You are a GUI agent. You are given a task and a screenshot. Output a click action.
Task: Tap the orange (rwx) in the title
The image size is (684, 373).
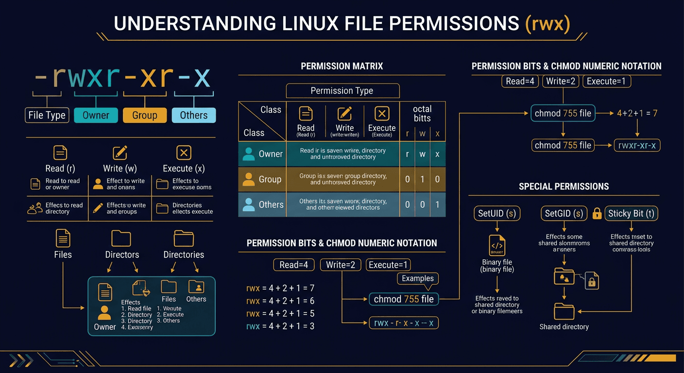point(547,24)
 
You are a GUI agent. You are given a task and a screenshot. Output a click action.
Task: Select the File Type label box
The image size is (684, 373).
point(47,115)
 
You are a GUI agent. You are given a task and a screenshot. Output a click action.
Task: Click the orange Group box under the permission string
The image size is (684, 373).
point(144,115)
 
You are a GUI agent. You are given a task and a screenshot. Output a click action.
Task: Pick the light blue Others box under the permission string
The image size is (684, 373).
point(193,115)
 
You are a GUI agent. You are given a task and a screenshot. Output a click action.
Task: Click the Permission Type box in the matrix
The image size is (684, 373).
point(342,91)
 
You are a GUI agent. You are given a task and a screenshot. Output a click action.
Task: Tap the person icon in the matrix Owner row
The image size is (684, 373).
point(248,154)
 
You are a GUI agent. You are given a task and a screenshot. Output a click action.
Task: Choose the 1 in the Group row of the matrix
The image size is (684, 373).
point(422,179)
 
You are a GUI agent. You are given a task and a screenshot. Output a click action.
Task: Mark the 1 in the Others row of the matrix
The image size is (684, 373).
point(437,204)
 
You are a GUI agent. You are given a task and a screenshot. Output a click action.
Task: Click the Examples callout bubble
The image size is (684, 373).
point(417,278)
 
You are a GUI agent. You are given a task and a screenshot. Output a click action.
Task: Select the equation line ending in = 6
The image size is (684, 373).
point(281,301)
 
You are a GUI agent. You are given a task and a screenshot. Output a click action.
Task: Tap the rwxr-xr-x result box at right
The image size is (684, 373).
point(637,145)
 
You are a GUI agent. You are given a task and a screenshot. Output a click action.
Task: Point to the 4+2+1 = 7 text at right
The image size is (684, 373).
point(637,114)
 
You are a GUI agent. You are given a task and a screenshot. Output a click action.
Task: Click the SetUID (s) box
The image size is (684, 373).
point(496,213)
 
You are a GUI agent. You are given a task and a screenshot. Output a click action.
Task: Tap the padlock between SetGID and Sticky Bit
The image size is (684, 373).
point(597,213)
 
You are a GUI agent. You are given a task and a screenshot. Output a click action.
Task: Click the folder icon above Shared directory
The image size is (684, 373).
point(564,311)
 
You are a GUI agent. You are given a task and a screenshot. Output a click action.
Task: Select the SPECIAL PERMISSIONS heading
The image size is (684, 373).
point(564,186)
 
